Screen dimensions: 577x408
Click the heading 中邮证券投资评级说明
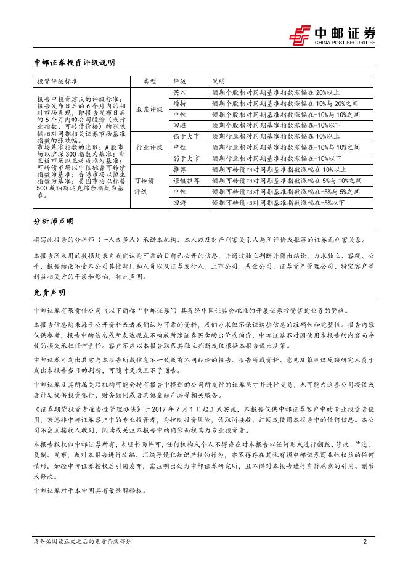click(x=74, y=63)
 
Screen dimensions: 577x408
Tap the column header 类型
click(x=150, y=81)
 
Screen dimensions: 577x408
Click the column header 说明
click(x=219, y=81)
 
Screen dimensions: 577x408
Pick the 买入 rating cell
click(x=179, y=92)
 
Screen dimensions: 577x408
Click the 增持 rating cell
click(x=179, y=103)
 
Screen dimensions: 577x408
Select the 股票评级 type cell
click(x=149, y=109)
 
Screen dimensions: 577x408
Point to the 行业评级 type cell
click(x=149, y=147)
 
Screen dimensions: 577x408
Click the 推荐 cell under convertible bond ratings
click(x=179, y=169)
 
